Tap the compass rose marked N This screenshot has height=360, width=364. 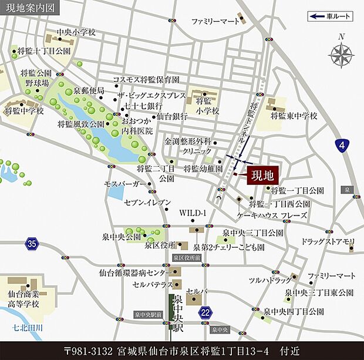tap(340, 55)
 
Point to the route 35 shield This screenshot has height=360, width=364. tap(31, 243)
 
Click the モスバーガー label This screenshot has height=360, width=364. tap(124, 184)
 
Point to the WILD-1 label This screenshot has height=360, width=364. tap(193, 213)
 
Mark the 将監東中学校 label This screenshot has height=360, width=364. tap(294, 117)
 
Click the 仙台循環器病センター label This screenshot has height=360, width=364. tap(135, 273)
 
